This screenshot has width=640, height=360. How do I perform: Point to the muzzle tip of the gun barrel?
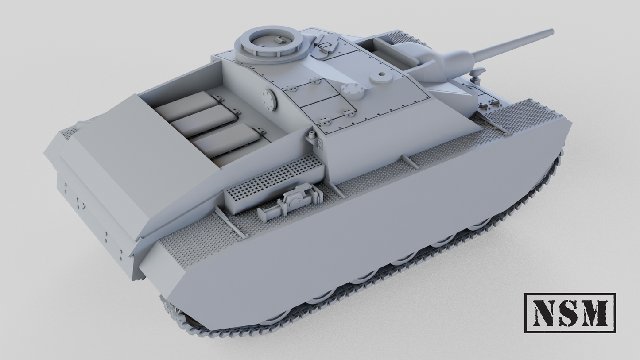point(552,32)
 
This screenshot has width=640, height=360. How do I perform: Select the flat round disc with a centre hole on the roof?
point(381,77)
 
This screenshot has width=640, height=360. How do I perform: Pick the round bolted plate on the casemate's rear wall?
point(269,100)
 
